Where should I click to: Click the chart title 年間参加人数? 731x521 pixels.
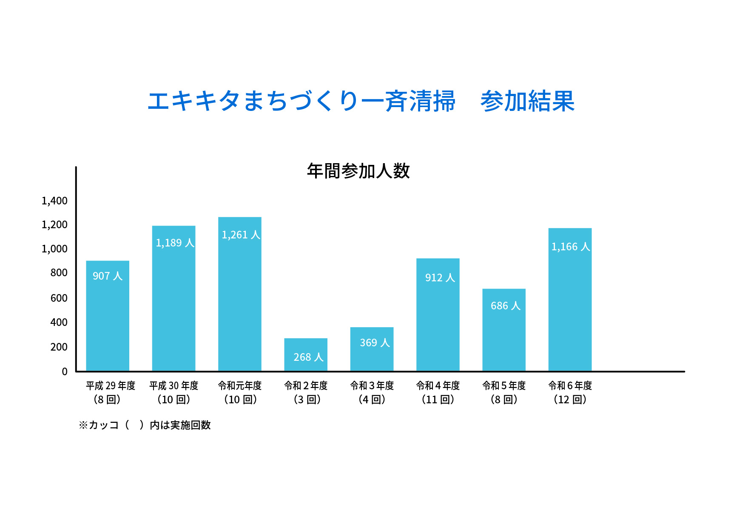coord(358,171)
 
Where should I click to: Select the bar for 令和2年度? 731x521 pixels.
coord(306,355)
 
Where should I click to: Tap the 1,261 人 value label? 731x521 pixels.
coord(241,235)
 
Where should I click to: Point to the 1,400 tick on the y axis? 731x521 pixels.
coord(54,201)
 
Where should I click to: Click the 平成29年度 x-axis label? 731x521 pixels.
coord(110,385)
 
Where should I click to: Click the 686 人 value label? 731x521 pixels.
coord(505,306)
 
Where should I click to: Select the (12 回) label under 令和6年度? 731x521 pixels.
coord(570,399)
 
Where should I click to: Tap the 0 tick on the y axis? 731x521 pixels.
coord(65,371)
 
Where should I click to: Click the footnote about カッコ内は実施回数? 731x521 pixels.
coord(145,425)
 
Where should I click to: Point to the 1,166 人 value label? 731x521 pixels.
coord(571,246)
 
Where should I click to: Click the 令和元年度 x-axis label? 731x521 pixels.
coord(240,385)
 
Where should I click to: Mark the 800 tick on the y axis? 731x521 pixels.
coord(59,273)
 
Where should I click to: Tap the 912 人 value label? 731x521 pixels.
coord(440,277)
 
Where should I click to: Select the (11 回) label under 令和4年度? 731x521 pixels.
coord(438,399)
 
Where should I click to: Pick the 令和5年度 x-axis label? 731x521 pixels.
coord(504,385)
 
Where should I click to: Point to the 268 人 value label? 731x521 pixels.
coord(308,357)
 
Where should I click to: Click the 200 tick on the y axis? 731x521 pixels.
coord(59,347)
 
